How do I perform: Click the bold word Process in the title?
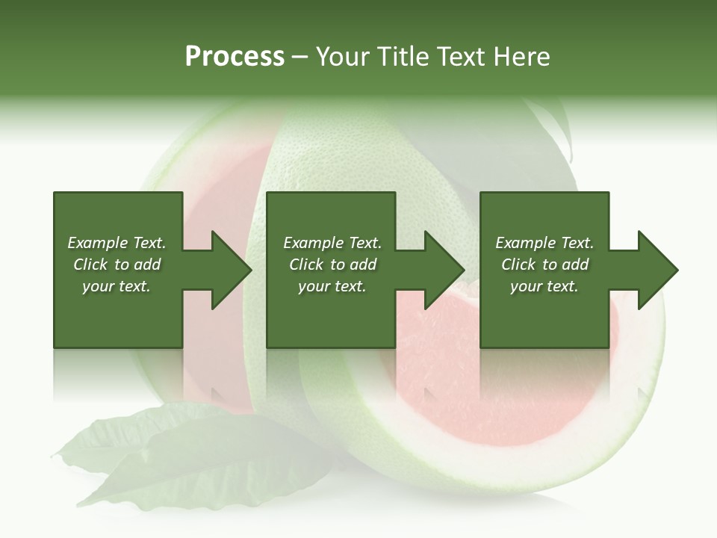tap(235, 57)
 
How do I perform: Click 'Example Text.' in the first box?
tap(117, 243)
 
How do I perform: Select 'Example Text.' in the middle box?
tap(332, 243)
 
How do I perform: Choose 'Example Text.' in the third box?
tap(544, 243)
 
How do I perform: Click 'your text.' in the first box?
tap(117, 286)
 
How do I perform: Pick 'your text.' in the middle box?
tap(332, 286)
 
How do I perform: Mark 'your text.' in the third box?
tap(544, 286)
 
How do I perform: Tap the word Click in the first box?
tap(90, 265)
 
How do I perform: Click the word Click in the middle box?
tap(306, 265)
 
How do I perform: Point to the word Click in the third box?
tap(518, 265)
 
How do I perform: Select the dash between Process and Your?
tap(300, 58)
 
